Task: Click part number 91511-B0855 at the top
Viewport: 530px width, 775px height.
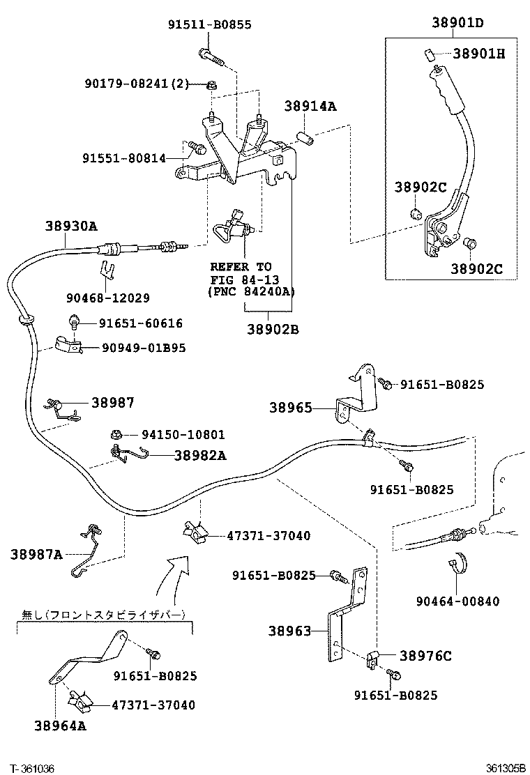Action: [209, 24]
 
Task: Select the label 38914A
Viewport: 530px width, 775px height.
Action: [310, 106]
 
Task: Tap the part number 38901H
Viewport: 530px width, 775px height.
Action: [478, 53]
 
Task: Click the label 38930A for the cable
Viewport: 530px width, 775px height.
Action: [71, 226]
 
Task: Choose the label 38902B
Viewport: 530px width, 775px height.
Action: [272, 329]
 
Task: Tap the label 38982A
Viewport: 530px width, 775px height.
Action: [200, 455]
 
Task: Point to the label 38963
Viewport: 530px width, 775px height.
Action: [289, 631]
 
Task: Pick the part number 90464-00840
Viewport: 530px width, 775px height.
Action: [457, 601]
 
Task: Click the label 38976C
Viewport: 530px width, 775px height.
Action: [425, 655]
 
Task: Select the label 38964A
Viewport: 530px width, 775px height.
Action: [60, 726]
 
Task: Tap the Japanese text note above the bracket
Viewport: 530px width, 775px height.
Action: [105, 615]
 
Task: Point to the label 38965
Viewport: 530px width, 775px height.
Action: [291, 408]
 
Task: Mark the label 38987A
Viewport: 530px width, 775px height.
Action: [36, 554]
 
